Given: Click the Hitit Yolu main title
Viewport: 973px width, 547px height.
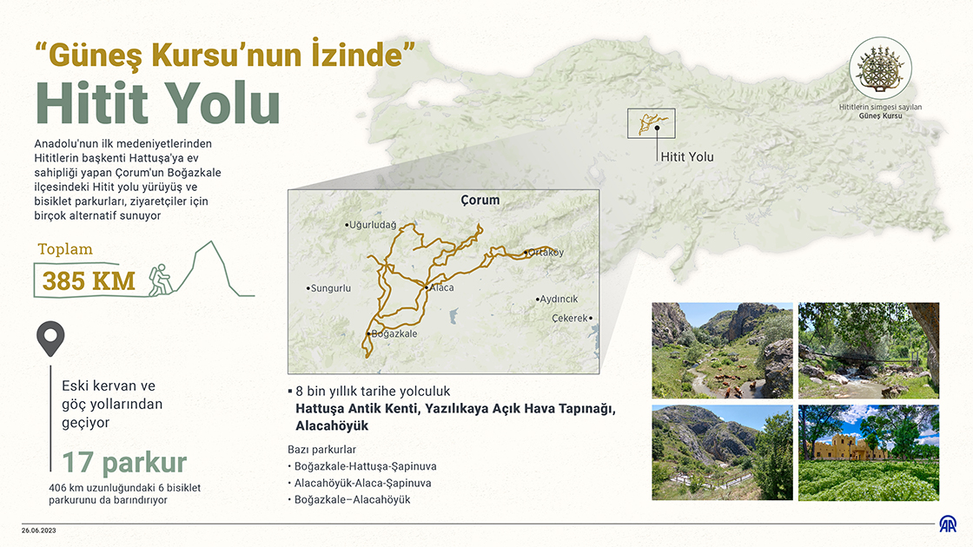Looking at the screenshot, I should point(158,104).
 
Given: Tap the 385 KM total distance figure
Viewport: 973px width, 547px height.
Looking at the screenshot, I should point(89,281).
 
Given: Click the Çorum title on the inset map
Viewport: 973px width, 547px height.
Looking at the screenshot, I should point(480,201).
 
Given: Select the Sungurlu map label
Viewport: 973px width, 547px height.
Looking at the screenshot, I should point(331,287).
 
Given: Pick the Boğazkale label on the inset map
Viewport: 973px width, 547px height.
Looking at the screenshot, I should point(394,333).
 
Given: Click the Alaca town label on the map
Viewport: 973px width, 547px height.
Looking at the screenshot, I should point(441,287).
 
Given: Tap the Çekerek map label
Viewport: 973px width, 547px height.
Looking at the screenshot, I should point(571,318).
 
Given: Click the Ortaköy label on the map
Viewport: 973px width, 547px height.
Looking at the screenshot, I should point(546,253).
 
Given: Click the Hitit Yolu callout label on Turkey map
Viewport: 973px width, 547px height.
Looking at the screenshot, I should point(687,157).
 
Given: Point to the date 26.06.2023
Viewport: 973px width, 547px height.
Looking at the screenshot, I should point(40,530).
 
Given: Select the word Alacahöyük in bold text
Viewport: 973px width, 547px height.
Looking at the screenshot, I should point(332,426).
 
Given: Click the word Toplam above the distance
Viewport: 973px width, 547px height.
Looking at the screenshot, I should point(65,250).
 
